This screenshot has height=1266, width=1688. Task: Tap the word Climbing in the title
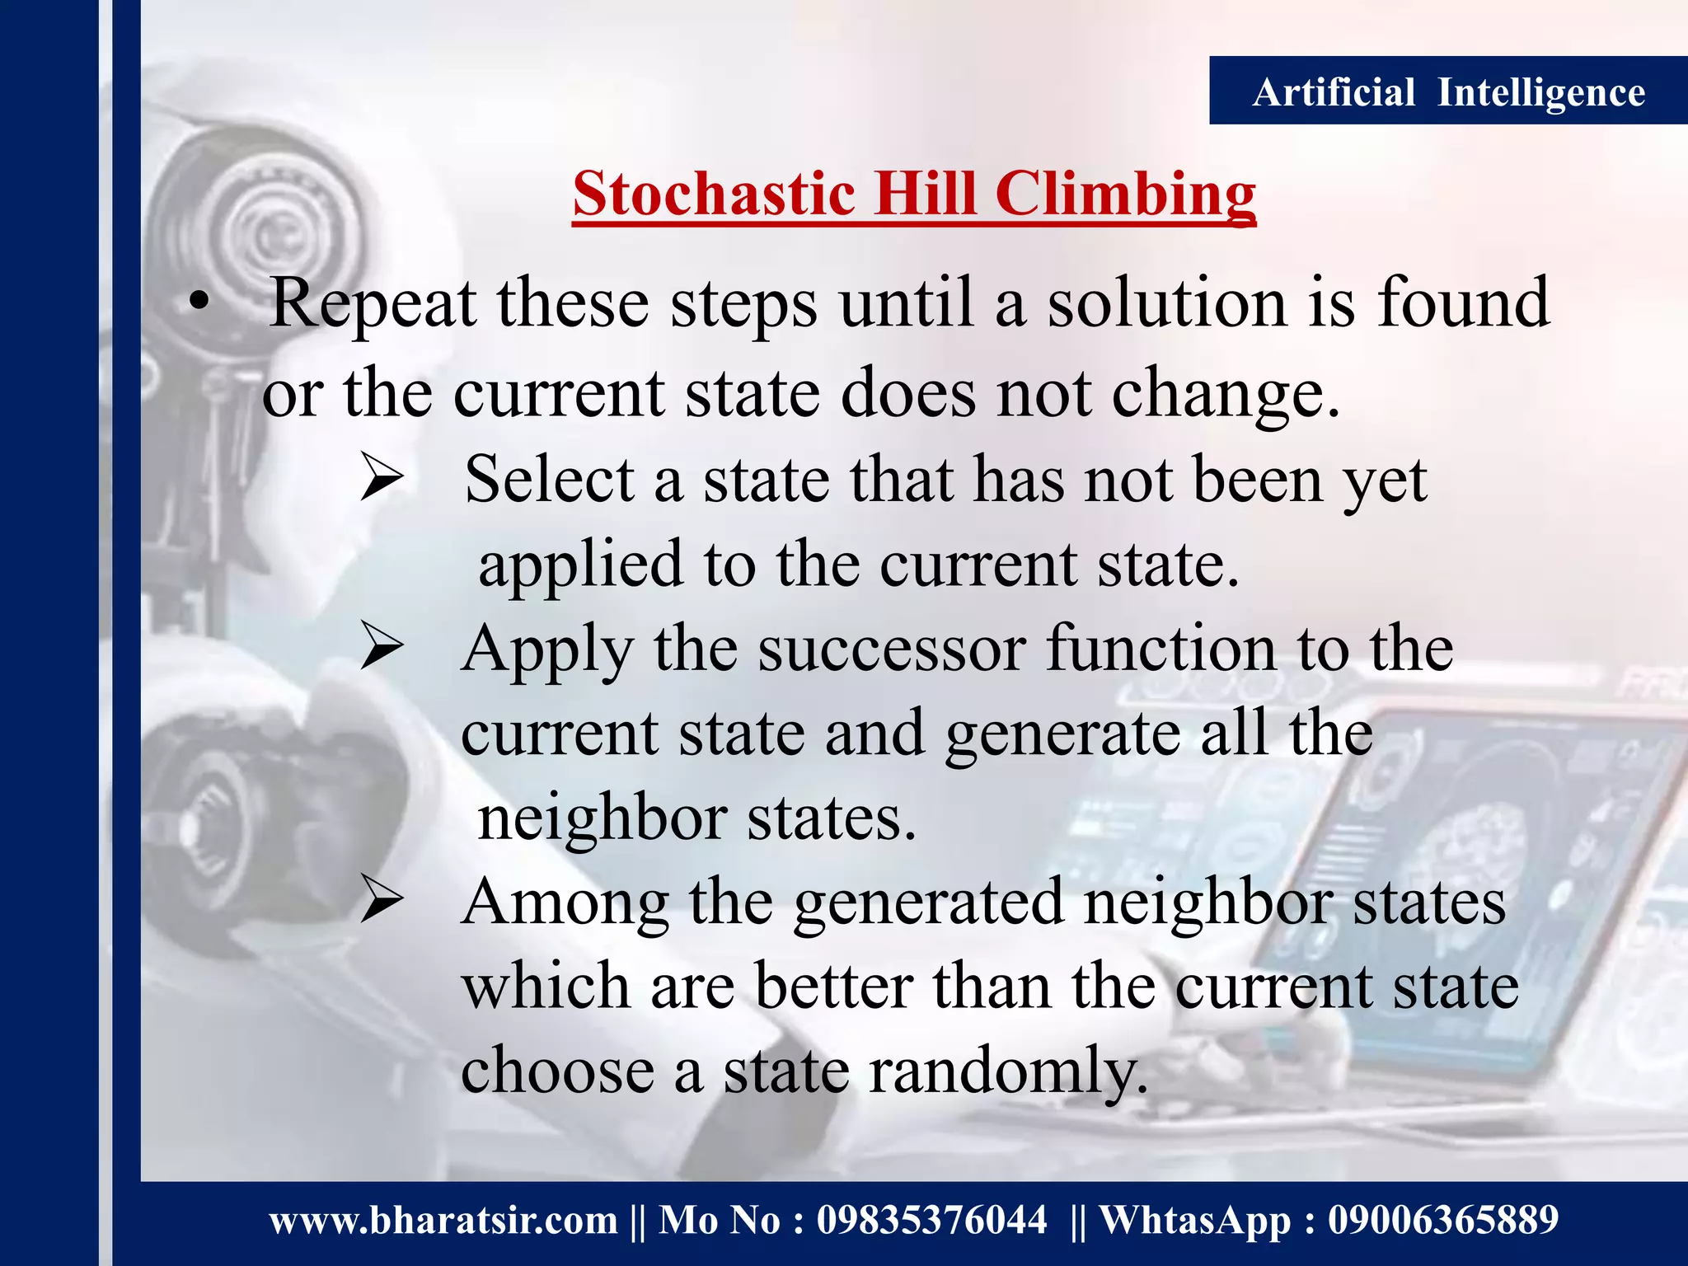click(x=1125, y=196)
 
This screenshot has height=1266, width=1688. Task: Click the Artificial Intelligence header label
click(x=1448, y=91)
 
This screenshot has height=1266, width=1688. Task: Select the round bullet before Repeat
click(x=198, y=304)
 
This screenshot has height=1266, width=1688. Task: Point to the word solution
click(x=1167, y=303)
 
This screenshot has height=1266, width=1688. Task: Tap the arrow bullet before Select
click(x=382, y=481)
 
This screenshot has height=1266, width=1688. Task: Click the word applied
click(x=580, y=565)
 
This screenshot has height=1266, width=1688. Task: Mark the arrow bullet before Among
click(x=382, y=902)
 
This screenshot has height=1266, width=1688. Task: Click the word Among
click(x=565, y=903)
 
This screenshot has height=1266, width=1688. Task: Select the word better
click(x=832, y=987)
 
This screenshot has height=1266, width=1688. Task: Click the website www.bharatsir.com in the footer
click(x=443, y=1221)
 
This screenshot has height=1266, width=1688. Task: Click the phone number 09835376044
click(x=931, y=1221)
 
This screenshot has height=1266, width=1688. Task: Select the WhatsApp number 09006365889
click(x=1442, y=1221)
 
